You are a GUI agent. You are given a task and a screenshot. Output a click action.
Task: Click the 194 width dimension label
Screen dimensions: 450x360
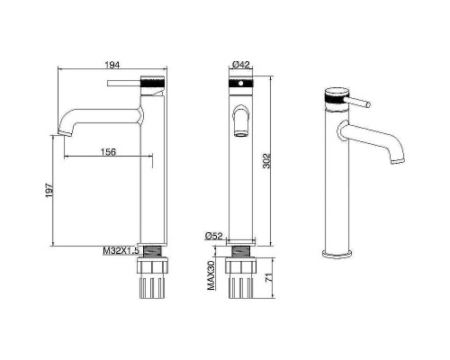(112, 65)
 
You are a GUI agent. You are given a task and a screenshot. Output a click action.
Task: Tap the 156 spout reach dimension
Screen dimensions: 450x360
(108, 152)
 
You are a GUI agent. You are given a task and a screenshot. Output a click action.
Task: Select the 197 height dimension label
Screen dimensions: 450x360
(49, 190)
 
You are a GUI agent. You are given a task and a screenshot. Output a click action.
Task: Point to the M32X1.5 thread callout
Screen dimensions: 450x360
(121, 251)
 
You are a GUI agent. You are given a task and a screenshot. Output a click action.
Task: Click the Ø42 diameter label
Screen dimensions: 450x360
(241, 64)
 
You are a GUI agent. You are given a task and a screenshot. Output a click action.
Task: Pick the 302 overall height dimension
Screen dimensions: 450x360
(266, 161)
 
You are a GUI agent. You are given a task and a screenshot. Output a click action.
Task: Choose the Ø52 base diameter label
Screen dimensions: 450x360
(214, 236)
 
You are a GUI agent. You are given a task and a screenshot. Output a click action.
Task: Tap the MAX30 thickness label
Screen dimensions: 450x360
(211, 275)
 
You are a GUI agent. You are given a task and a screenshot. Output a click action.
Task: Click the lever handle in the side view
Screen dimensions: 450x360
(124, 83)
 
